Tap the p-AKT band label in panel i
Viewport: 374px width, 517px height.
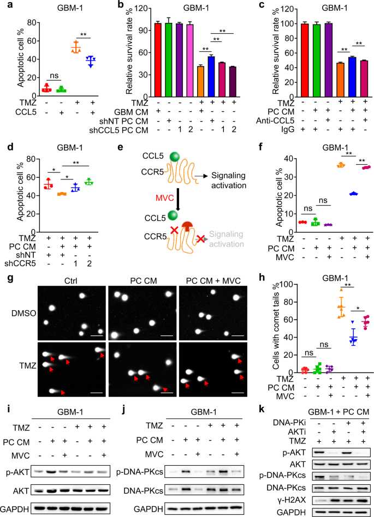[x=21, y=470]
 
